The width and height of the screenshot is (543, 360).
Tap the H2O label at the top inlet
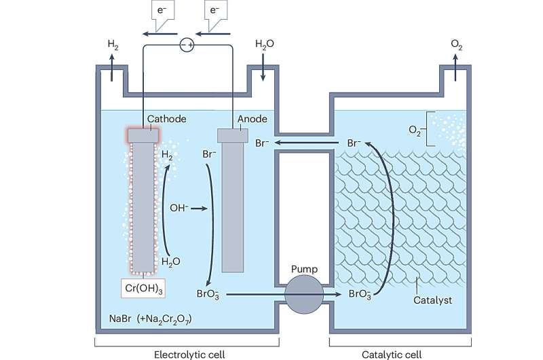point(263,44)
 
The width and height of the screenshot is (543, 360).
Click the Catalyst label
point(432,298)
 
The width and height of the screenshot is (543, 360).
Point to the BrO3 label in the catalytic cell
point(359,294)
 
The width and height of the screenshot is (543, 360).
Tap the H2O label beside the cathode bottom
point(172,260)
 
